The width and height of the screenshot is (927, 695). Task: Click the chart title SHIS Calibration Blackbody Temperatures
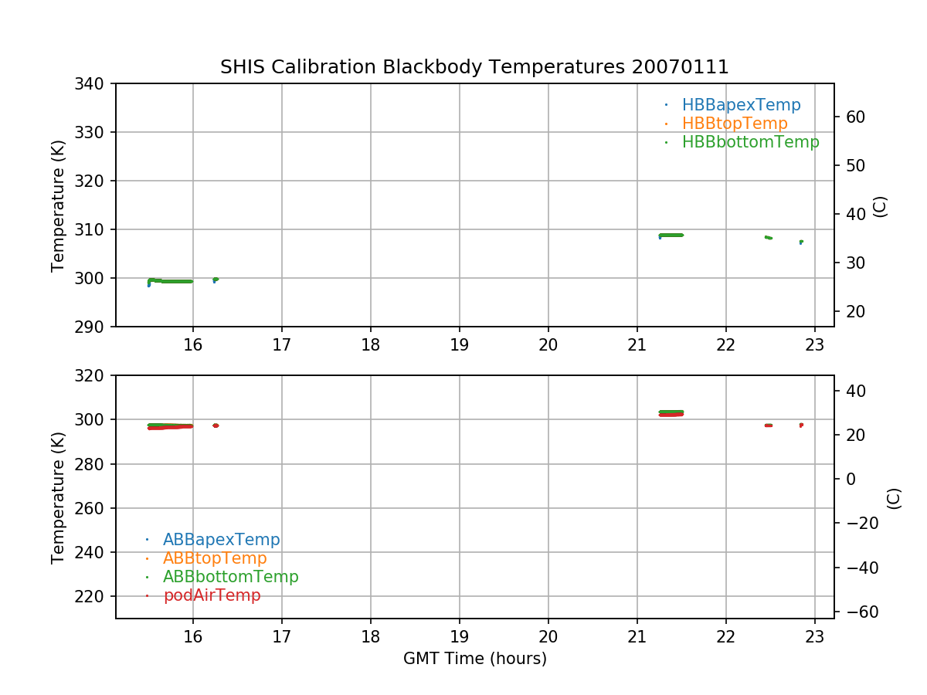click(x=474, y=67)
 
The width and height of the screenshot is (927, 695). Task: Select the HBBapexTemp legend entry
click(x=741, y=105)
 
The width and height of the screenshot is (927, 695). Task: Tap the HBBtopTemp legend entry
click(x=734, y=124)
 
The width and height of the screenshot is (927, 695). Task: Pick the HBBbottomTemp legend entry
click(x=750, y=142)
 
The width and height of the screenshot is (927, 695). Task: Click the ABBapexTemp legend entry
click(x=221, y=540)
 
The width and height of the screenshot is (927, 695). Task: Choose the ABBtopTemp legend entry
click(x=215, y=558)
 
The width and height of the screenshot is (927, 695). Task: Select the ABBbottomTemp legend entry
click(x=230, y=577)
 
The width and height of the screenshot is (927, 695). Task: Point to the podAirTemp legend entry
click(x=212, y=595)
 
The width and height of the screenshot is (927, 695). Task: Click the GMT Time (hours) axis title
click(x=474, y=659)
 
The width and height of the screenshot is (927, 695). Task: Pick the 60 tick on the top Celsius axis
click(x=855, y=117)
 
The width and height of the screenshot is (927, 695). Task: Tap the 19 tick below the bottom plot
click(x=460, y=636)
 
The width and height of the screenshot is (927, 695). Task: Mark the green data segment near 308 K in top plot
click(x=671, y=235)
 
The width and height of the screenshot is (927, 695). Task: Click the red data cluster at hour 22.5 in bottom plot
click(x=769, y=425)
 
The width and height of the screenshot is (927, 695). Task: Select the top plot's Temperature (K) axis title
click(x=58, y=205)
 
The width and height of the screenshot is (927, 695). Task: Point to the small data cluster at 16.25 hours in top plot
click(x=216, y=280)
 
